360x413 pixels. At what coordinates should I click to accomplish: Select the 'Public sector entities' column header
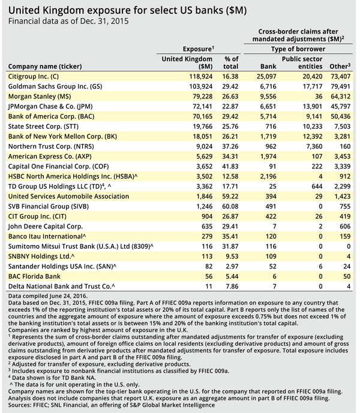coord(302,63)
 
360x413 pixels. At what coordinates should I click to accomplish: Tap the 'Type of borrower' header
coord(298,49)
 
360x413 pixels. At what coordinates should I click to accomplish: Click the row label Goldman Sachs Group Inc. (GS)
coord(55,86)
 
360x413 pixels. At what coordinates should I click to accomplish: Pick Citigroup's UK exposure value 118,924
coord(201,76)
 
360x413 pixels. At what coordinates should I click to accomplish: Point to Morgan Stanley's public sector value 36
coord(319,97)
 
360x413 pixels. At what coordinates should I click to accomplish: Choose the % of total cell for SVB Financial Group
coord(230,206)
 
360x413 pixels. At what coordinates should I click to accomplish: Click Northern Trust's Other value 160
coord(345,146)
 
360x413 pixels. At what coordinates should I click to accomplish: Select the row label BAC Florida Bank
coord(34,276)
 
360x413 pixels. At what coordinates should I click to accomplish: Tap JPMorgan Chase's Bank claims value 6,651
coord(268,107)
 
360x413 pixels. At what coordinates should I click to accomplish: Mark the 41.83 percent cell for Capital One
coord(230,167)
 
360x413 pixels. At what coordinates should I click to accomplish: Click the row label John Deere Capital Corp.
coord(46,226)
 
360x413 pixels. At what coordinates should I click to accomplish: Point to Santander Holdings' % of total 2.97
coord(232,266)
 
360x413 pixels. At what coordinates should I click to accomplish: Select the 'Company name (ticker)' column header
coord(45,67)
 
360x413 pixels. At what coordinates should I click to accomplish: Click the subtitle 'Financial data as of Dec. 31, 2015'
coord(68,21)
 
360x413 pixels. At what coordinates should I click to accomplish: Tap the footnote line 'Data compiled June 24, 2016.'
coord(48,296)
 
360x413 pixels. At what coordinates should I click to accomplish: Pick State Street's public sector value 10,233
coord(313,126)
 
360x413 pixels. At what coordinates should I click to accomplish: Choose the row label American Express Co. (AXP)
coord(50,156)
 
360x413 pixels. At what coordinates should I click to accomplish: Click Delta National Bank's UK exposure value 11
coord(209,287)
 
